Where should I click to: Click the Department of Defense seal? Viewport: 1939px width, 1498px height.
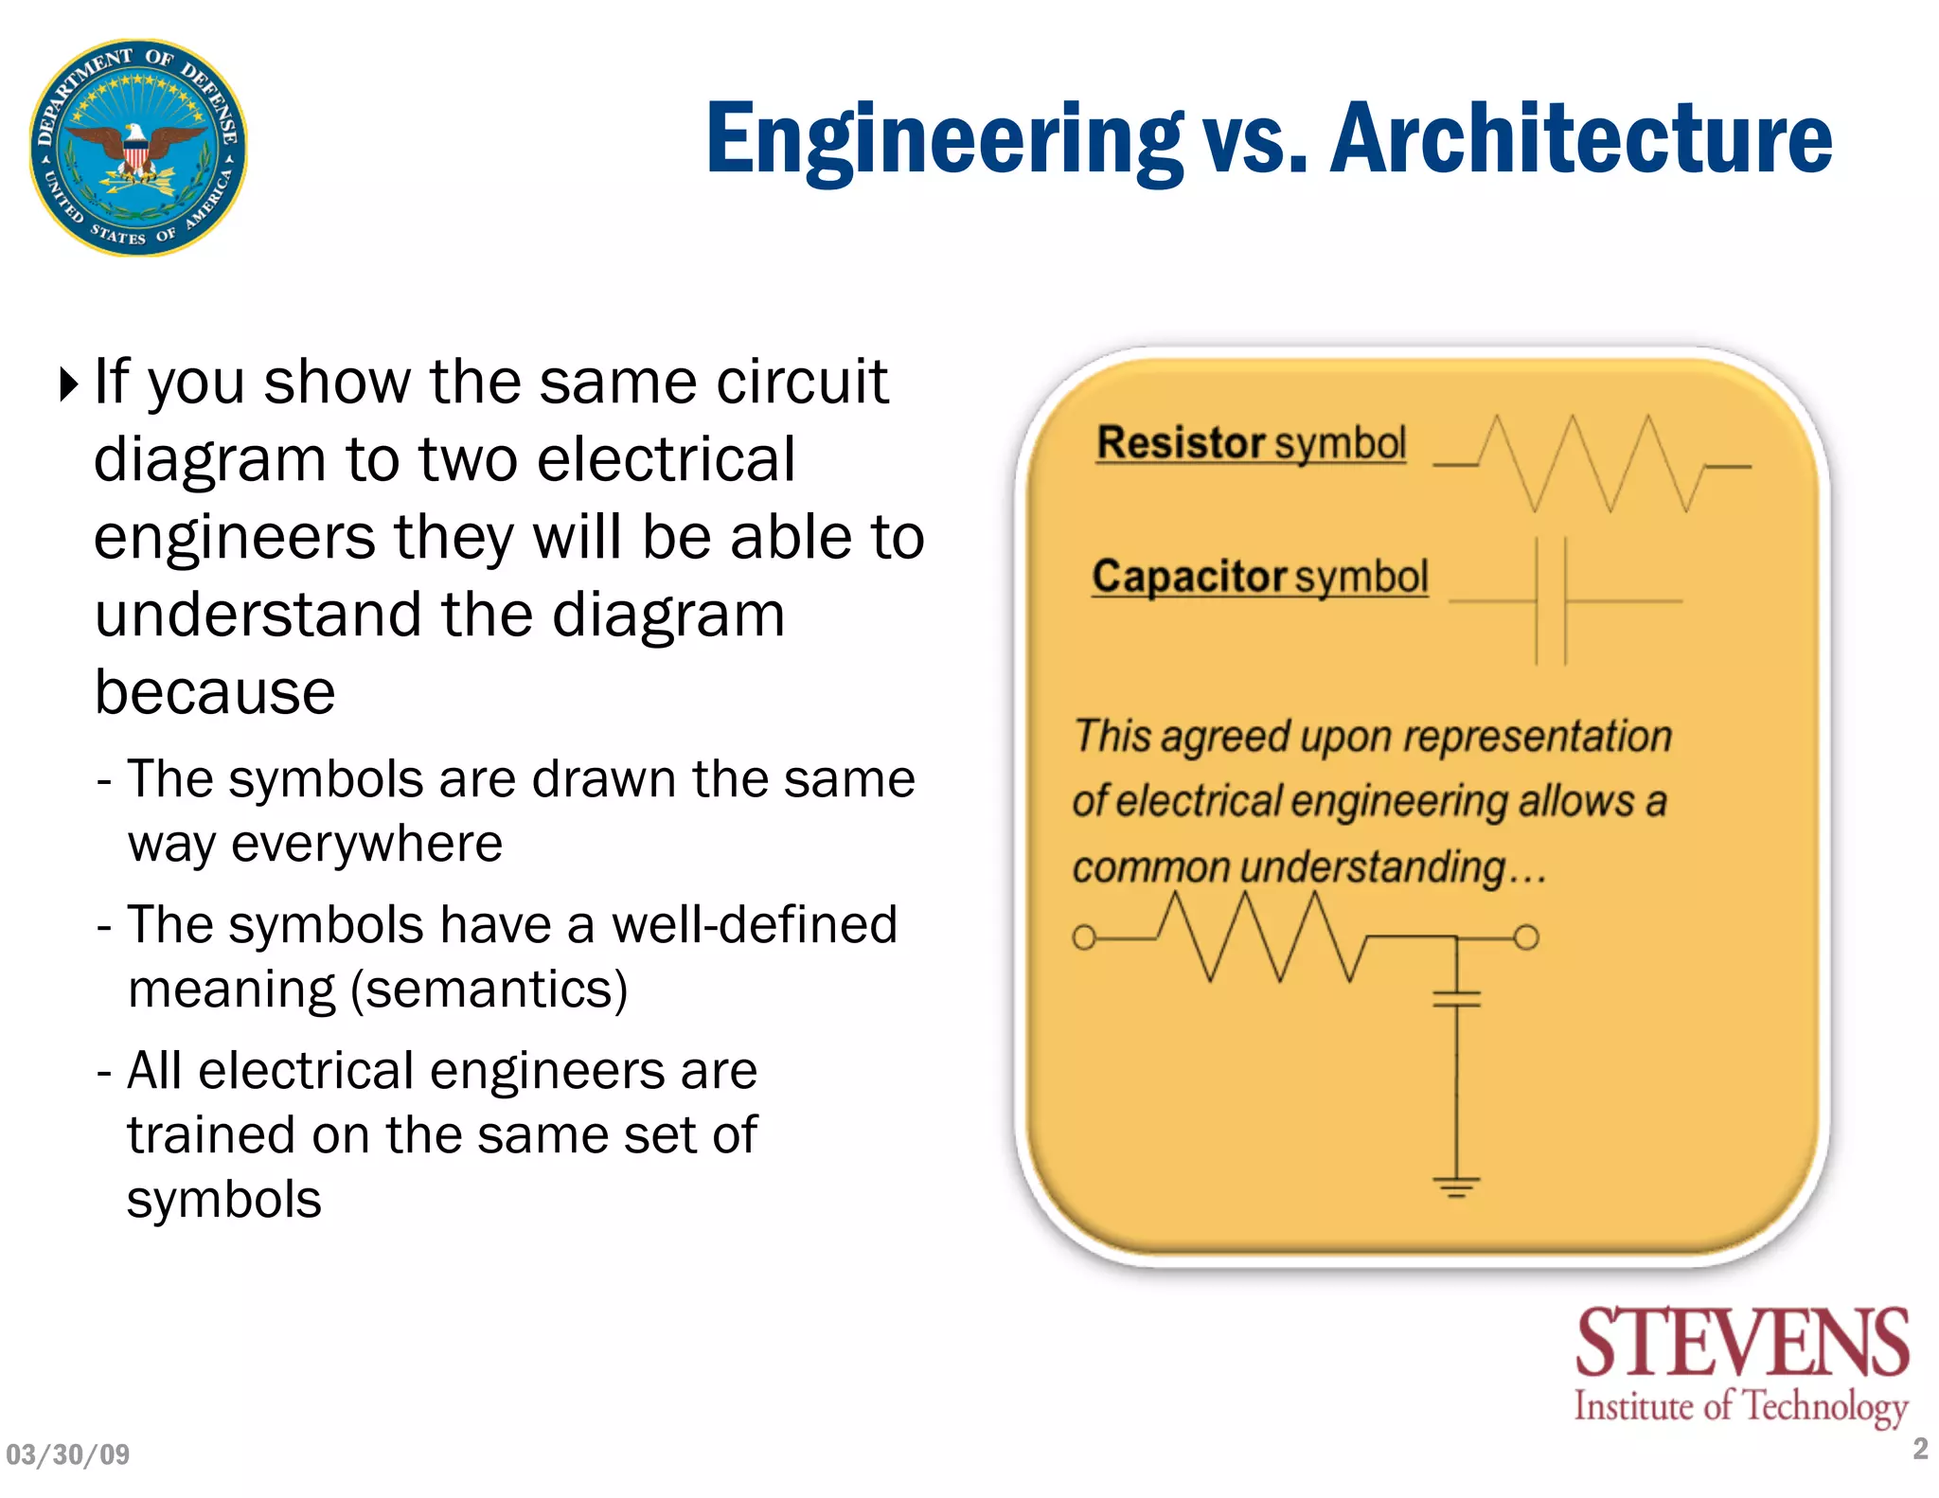[138, 148]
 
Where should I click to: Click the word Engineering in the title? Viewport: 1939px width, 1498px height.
[944, 139]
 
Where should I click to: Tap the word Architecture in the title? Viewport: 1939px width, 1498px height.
[1581, 139]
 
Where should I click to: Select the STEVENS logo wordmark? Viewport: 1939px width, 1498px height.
[1741, 1343]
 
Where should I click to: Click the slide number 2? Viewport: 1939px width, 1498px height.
[1920, 1449]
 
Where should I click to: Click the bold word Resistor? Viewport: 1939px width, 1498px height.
[1181, 443]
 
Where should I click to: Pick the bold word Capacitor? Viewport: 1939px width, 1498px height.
[1189, 577]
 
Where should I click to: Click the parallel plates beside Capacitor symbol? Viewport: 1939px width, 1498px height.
[1551, 600]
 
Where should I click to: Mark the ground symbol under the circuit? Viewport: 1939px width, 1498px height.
[1456, 1186]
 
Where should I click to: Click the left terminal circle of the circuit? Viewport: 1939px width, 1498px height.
[1084, 937]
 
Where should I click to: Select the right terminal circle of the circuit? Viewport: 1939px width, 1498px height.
[1526, 937]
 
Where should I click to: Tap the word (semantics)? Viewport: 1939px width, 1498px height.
[489, 990]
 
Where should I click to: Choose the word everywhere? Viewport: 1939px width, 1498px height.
[366, 844]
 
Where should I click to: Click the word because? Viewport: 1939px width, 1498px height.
[215, 692]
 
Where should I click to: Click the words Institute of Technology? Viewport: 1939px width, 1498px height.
[1740, 1407]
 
